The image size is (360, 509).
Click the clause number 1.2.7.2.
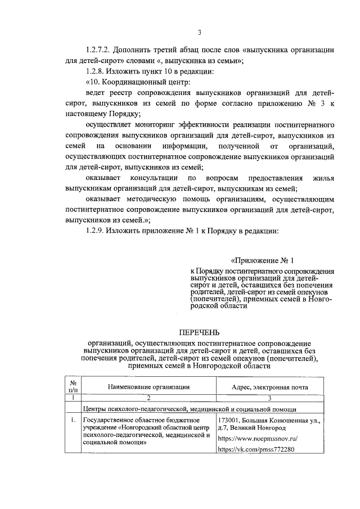[x=100, y=50]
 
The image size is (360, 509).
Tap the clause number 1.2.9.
[x=96, y=231]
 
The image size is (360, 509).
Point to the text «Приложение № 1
[x=262, y=261]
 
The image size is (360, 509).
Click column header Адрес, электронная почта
[x=270, y=386]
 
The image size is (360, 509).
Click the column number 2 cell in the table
[x=148, y=398]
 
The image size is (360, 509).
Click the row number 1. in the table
[x=73, y=420]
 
